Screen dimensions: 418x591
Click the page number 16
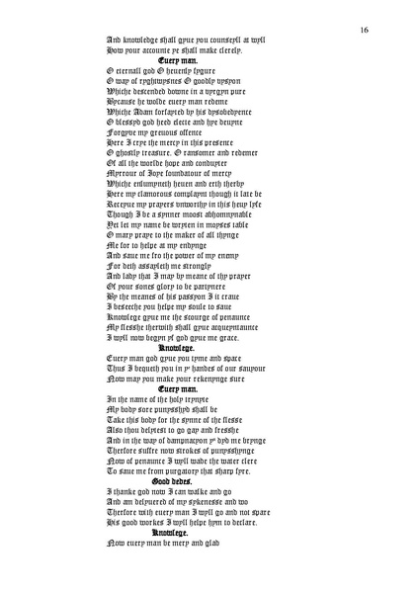point(365,31)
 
